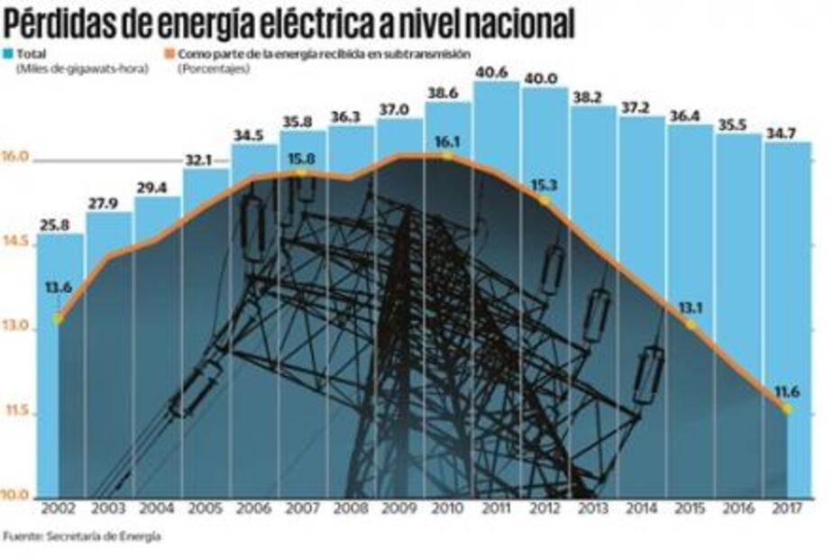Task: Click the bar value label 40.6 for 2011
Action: tap(496, 74)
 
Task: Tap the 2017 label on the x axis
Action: tap(788, 509)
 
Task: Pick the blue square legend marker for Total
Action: tap(8, 53)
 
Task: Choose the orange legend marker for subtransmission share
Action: tap(170, 53)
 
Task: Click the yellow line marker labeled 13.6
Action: tap(59, 318)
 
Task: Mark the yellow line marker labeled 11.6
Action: tap(787, 408)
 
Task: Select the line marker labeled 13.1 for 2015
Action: tap(691, 324)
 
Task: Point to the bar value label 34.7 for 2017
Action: tap(787, 133)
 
